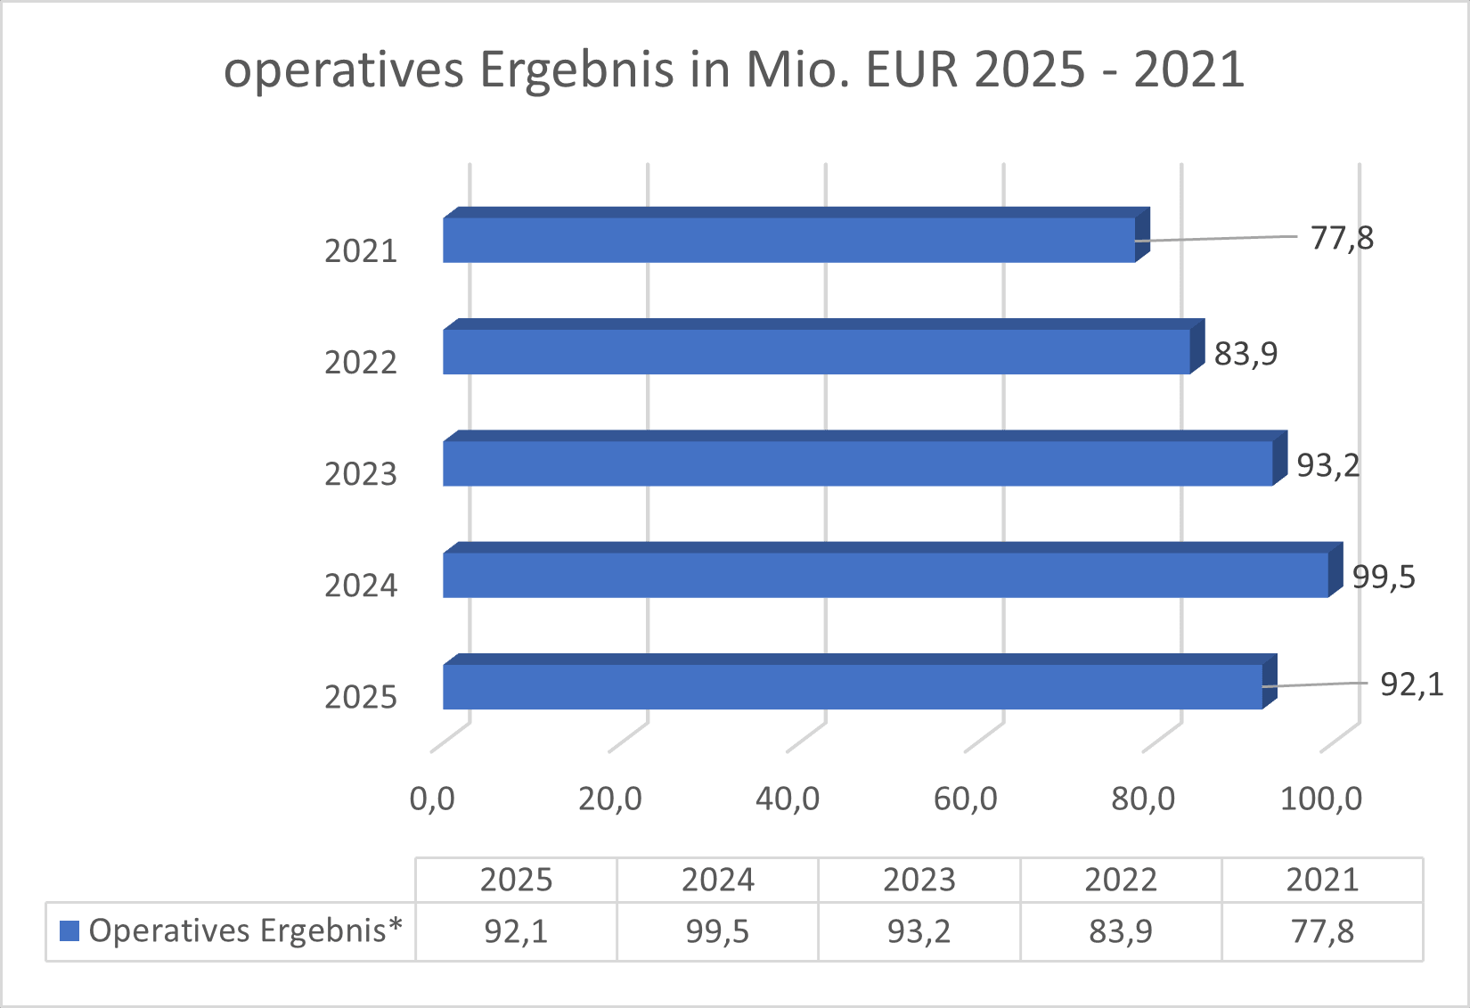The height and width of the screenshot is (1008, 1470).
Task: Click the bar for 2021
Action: (x=788, y=240)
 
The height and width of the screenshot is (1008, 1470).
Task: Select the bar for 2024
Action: (x=886, y=575)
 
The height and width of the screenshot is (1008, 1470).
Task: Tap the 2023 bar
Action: (x=857, y=463)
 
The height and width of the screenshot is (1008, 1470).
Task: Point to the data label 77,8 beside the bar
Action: (x=1342, y=239)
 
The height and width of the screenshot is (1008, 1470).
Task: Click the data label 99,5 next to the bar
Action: (x=1384, y=578)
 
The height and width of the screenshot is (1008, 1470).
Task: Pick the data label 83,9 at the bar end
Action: (x=1245, y=355)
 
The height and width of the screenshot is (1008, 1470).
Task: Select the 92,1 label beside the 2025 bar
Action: (x=1411, y=684)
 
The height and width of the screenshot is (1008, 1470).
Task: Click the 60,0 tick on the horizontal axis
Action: (x=965, y=799)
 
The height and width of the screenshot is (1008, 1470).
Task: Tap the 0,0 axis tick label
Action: (x=432, y=799)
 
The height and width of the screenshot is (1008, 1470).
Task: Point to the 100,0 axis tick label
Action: (x=1320, y=799)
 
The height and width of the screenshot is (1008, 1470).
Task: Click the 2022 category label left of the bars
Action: (x=360, y=363)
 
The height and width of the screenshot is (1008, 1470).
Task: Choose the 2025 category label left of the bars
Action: (x=360, y=697)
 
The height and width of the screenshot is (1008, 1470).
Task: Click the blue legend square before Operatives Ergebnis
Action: (x=69, y=931)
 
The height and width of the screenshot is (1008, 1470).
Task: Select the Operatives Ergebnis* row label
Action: (x=245, y=931)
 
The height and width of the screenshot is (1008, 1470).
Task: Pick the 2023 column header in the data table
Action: (x=919, y=881)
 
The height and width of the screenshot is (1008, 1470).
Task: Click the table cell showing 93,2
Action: (x=919, y=932)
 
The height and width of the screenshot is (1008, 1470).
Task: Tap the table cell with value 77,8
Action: (x=1322, y=932)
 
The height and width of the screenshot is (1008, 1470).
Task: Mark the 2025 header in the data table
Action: (x=516, y=881)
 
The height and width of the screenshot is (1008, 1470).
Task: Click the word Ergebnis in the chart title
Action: (x=576, y=70)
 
